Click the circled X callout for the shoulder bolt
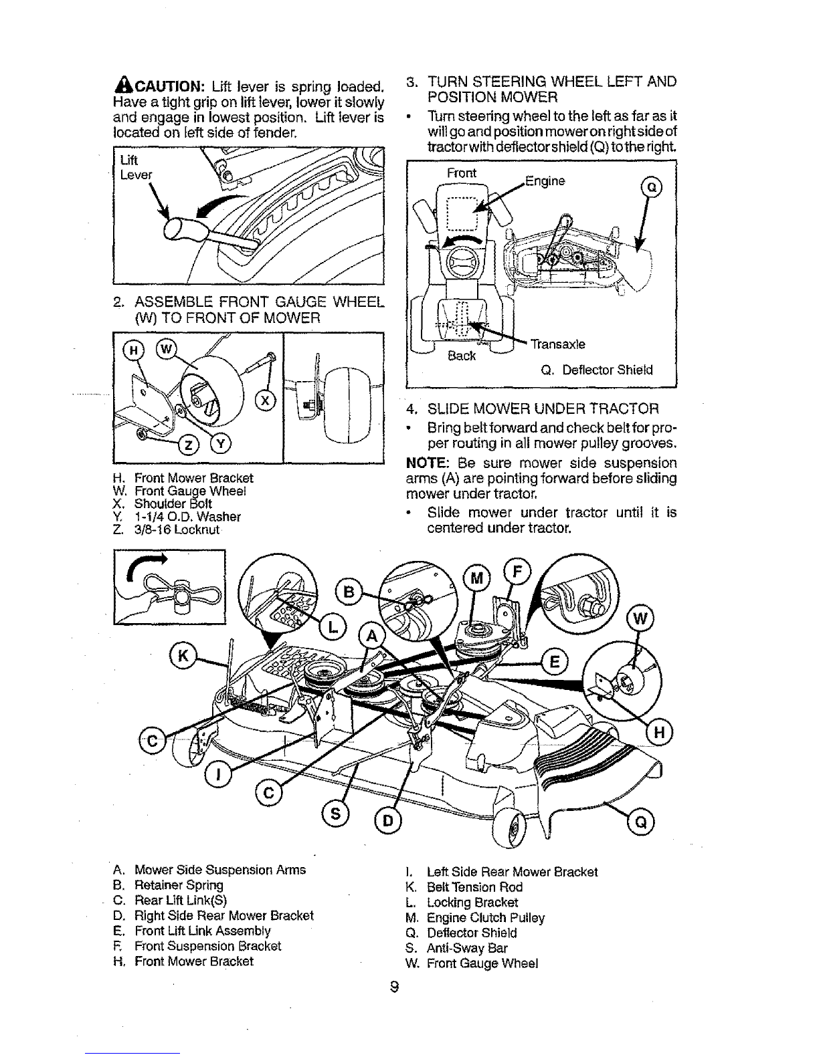[x=266, y=400]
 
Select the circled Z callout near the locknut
[x=189, y=445]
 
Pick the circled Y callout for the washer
[x=221, y=444]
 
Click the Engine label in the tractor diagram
[x=545, y=181]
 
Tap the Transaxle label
[x=558, y=344]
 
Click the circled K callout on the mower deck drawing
[x=183, y=656]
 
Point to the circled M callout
[x=476, y=578]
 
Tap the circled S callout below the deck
[x=336, y=814]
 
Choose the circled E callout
[x=555, y=662]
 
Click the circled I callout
[x=218, y=774]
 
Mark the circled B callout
[x=349, y=592]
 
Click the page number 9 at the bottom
[x=395, y=987]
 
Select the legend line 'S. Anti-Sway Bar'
[x=456, y=949]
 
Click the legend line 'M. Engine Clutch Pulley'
[x=475, y=918]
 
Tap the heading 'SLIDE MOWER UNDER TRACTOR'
[x=543, y=408]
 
